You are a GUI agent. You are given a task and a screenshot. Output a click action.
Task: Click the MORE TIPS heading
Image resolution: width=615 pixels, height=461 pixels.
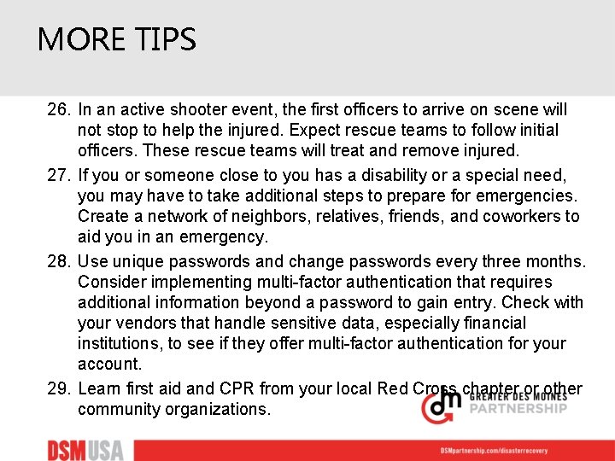click(117, 39)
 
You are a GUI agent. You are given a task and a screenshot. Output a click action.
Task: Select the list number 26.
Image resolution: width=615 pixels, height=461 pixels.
click(59, 110)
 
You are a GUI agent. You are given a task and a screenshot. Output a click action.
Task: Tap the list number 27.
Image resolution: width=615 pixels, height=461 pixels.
click(59, 175)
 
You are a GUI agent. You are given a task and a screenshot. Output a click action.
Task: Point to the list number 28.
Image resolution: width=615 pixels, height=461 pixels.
click(59, 261)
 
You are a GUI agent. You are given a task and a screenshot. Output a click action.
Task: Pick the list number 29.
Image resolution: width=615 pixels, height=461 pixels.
click(59, 389)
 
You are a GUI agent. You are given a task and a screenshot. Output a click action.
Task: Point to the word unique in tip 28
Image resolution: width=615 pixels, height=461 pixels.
click(138, 261)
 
